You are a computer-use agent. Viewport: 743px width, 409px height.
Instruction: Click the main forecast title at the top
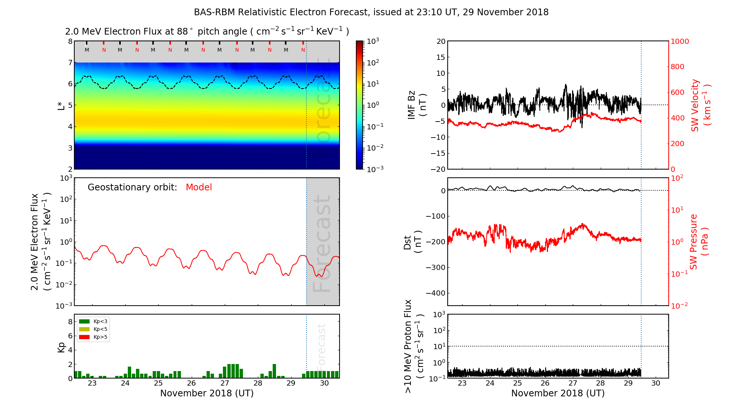pos(371,12)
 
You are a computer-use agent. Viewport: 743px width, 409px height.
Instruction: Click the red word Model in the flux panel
pos(199,187)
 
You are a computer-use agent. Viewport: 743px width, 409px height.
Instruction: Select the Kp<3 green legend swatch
pos(84,321)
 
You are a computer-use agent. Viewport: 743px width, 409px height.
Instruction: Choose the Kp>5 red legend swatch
pos(84,337)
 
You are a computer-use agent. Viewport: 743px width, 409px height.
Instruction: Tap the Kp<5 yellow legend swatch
pos(84,329)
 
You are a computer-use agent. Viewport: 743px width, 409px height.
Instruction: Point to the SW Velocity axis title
pos(700,105)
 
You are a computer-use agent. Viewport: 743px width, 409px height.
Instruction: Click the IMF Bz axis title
pos(417,105)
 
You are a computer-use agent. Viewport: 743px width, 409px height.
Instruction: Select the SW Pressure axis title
pos(698,242)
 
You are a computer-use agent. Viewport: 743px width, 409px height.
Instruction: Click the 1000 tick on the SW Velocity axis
pos(679,41)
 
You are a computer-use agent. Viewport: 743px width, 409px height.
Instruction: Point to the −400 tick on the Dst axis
pos(435,293)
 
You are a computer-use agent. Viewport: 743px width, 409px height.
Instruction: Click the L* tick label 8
pos(70,41)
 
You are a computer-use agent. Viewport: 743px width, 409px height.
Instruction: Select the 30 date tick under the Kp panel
pos(324,383)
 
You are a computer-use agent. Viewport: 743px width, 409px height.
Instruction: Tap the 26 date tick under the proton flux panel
pos(545,383)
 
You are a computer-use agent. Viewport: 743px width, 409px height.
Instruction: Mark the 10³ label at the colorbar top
pos(373,41)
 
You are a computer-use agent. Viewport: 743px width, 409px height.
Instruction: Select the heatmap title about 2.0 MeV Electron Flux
pos(207,32)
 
